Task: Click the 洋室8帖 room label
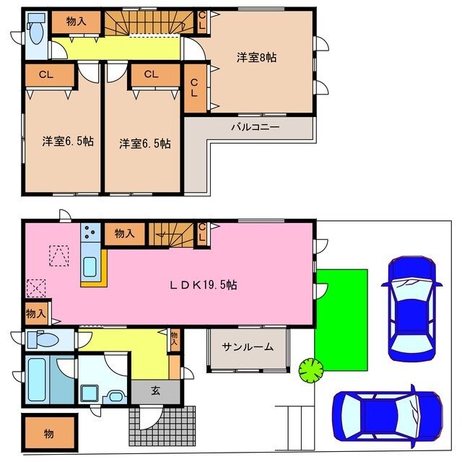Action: (256, 58)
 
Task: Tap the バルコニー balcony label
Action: (255, 127)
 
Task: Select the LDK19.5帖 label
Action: (203, 285)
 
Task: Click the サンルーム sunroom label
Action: (248, 347)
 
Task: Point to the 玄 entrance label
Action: (156, 391)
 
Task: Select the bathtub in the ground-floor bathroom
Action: (37, 380)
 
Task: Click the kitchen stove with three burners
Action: (90, 232)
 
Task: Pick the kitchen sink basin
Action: (90, 267)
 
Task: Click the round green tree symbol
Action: (311, 370)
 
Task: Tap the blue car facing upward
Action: (411, 308)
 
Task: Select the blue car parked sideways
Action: (388, 417)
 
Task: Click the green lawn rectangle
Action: (342, 320)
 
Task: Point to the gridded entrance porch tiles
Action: (162, 426)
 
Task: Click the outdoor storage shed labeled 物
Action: (50, 433)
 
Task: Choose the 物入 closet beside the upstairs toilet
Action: (77, 22)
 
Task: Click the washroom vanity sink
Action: (115, 396)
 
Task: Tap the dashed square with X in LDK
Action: (36, 288)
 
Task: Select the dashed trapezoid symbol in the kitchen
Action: (59, 256)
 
